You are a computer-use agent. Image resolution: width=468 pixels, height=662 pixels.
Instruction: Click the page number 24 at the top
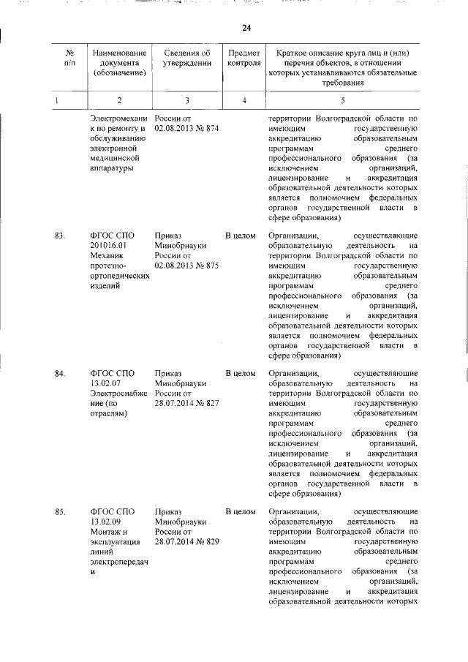246,28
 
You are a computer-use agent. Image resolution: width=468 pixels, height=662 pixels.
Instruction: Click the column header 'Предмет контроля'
244,58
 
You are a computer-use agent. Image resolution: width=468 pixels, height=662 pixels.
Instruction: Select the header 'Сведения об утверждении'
187,58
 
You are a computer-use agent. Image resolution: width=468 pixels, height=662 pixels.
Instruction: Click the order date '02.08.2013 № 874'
187,129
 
